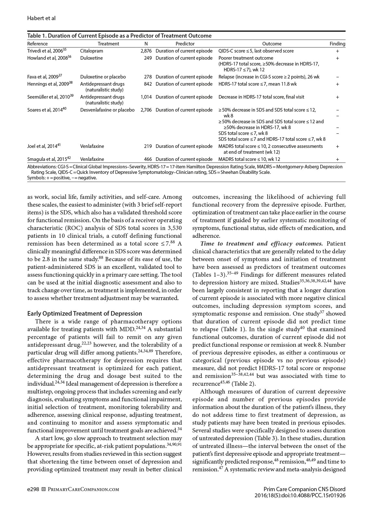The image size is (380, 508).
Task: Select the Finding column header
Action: [337, 44]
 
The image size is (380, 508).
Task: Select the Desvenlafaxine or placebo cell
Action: [107, 110]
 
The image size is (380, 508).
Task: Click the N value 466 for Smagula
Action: [148, 159]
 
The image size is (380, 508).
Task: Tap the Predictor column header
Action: [185, 44]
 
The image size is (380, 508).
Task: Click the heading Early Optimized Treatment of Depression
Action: [84, 314]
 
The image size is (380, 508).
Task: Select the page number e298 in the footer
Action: [33, 489]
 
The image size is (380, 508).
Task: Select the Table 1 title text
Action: [119, 36]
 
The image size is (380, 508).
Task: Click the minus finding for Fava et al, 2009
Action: [337, 77]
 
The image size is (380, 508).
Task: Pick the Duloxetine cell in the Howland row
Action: [91, 58]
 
